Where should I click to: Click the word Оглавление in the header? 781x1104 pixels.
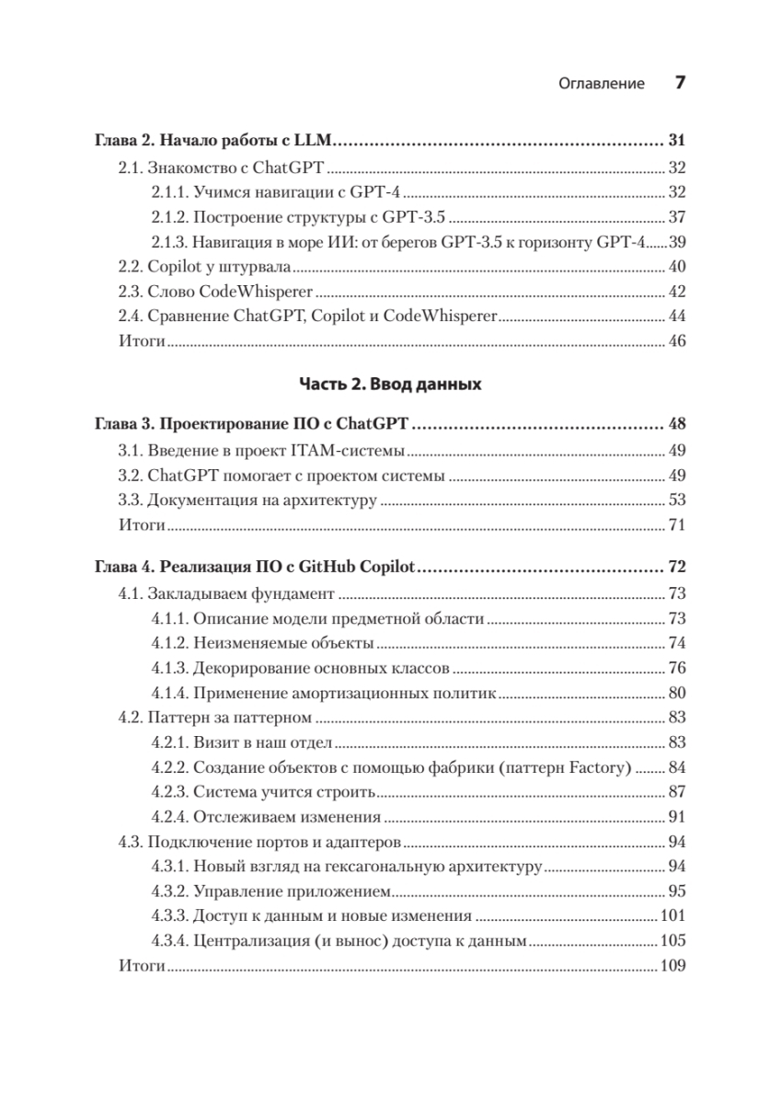point(602,84)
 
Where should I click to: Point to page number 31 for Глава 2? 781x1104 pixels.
point(677,142)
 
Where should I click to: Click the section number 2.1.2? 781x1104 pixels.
point(170,217)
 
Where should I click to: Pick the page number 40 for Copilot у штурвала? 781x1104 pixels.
point(677,268)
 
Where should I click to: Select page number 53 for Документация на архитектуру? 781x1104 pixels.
point(677,501)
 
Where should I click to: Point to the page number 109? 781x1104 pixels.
point(673,967)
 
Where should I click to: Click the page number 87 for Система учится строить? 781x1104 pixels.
point(677,792)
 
